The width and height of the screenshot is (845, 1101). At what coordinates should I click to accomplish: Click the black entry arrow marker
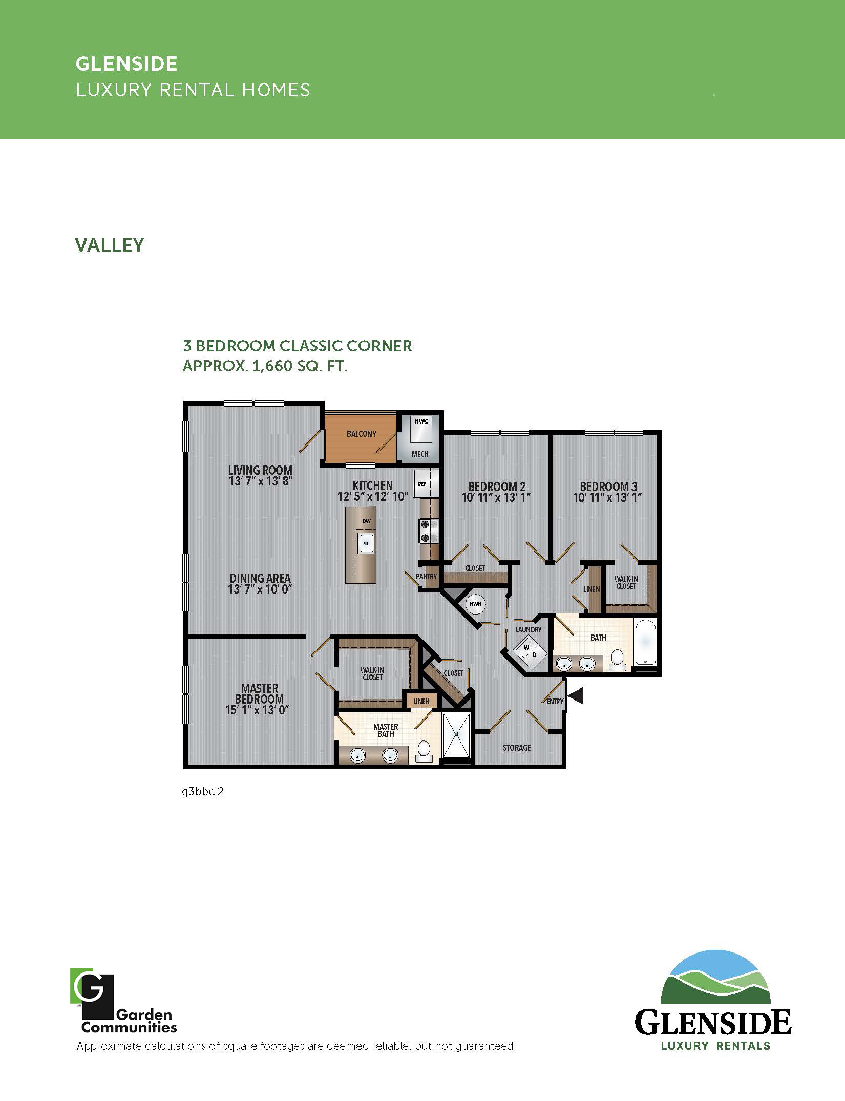pos(576,695)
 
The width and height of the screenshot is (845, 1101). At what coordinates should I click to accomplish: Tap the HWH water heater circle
pos(475,604)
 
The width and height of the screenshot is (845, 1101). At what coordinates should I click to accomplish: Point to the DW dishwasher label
pos(366,521)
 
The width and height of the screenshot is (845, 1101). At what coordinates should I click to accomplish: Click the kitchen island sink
pos(367,543)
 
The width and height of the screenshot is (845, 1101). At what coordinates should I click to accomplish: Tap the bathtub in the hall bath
pos(645,642)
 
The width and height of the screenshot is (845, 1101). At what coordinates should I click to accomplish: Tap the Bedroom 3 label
pos(608,486)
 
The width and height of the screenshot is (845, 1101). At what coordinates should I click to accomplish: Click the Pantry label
pos(426,576)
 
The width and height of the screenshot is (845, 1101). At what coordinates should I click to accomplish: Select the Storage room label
pos(517,748)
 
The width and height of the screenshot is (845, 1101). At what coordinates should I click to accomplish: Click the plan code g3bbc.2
pos(203,792)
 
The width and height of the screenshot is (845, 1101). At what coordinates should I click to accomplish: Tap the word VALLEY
pos(110,245)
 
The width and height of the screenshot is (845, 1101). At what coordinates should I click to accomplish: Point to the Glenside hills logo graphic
pos(715,977)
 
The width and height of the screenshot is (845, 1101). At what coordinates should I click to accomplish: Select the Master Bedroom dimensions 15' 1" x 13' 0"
pos(259,710)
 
